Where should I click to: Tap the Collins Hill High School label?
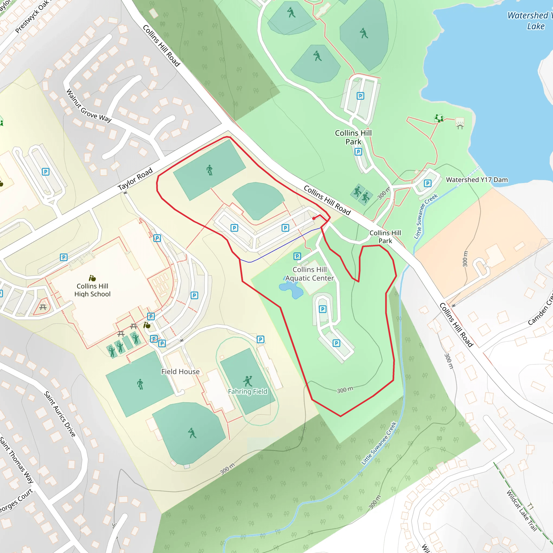tap(92, 290)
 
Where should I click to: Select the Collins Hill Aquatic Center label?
tap(309, 274)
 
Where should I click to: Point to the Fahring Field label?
tap(248, 391)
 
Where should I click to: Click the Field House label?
tap(180, 372)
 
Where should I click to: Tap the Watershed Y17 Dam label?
tap(477, 180)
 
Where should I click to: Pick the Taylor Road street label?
tap(135, 179)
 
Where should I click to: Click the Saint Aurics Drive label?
tap(59, 414)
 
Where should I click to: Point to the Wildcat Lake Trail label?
tap(521, 511)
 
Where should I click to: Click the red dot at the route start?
tap(314, 218)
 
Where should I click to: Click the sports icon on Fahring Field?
tap(248, 381)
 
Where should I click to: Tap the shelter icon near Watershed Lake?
tap(460, 123)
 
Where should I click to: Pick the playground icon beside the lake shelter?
tap(439, 118)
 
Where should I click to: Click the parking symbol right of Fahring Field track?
tap(260, 339)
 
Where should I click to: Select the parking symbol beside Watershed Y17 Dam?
tap(427, 183)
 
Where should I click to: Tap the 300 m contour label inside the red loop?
tap(345, 390)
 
